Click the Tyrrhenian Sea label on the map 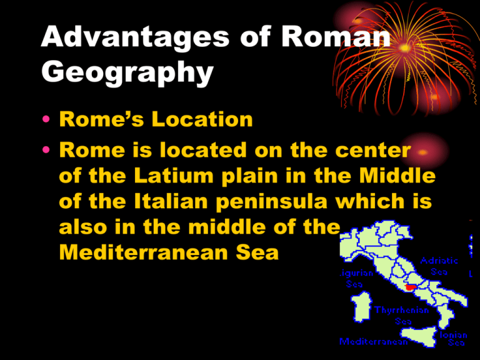402,315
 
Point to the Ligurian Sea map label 354,279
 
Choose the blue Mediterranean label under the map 374,342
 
